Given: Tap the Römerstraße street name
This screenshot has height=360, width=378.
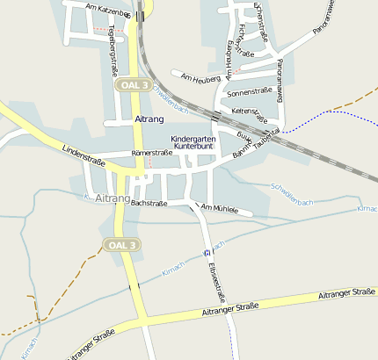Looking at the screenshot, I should tap(151, 153).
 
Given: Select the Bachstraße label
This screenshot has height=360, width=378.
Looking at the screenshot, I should tap(149, 203).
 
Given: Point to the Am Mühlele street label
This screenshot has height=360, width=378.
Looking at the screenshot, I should tap(219, 208).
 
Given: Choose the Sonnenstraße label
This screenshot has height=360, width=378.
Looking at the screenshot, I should tap(247, 91).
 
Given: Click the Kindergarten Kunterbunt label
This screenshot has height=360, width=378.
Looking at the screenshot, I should tap(193, 143).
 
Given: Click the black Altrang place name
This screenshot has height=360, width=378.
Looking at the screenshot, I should tap(150, 119).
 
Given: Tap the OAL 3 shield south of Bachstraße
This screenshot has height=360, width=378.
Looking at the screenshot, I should tap(121, 244).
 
